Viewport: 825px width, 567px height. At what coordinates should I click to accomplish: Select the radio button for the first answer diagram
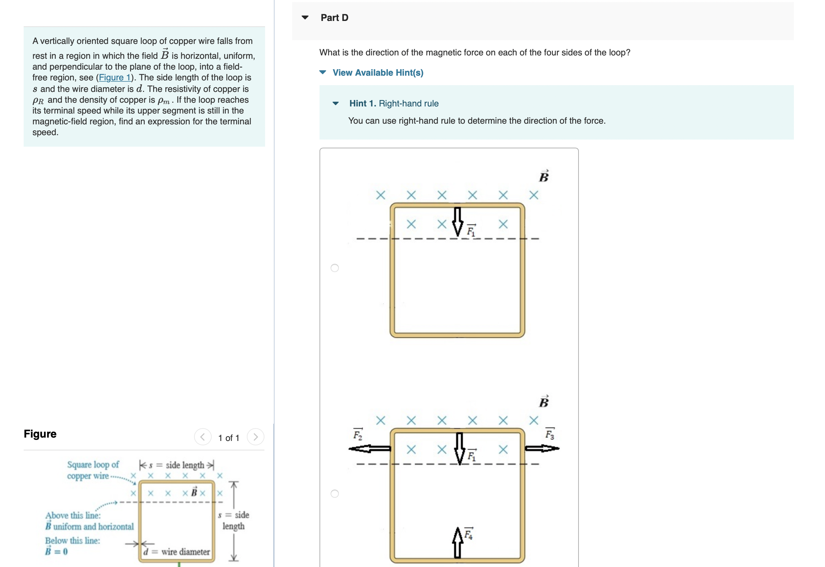(334, 268)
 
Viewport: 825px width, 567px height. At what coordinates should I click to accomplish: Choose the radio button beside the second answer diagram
(334, 493)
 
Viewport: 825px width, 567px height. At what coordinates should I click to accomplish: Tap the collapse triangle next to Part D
(305, 18)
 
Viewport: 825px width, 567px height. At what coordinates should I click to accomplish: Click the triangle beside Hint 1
(335, 103)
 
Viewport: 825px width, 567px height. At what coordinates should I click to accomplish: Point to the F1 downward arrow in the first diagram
(457, 221)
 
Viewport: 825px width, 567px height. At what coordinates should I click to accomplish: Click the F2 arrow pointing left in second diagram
(370, 449)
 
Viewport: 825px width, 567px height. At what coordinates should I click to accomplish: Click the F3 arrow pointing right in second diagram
(542, 448)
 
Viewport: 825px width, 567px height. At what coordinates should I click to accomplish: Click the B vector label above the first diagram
(544, 176)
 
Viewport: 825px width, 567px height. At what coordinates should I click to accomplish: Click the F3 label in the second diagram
(549, 434)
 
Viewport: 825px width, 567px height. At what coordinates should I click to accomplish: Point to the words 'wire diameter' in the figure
(185, 552)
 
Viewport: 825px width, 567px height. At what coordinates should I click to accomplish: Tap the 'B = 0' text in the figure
(56, 551)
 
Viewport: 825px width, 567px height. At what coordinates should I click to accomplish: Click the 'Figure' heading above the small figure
(40, 434)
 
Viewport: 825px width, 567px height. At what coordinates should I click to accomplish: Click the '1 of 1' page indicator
(229, 438)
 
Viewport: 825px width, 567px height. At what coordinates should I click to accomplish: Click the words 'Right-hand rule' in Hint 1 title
(408, 103)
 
